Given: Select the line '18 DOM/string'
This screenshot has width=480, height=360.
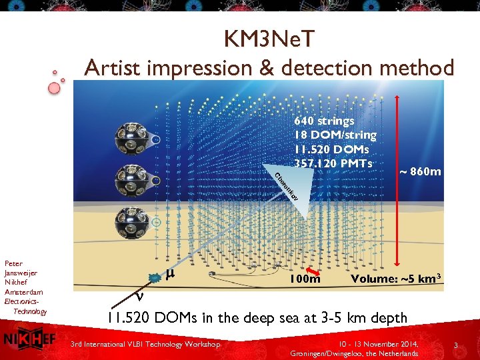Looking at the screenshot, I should [335, 135].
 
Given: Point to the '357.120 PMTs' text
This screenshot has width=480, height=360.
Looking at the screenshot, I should [332, 163].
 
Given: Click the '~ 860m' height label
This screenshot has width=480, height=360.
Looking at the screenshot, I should [420, 172].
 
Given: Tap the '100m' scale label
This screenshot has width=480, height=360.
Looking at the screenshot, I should [305, 279].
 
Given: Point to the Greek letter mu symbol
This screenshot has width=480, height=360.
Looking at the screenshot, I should [169, 273].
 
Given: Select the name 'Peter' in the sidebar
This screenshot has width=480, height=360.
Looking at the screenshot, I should [13, 264].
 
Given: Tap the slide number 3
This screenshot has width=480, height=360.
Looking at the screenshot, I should [455, 345].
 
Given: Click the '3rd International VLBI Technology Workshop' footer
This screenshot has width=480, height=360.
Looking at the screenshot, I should [145, 344].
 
